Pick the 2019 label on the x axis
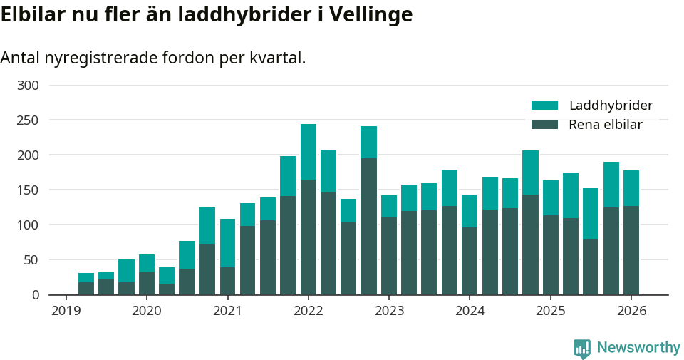click(66, 312)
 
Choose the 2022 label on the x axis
click(308, 312)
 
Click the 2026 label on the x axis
click(631, 312)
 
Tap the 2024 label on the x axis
click(470, 312)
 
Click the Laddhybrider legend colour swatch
click(545, 106)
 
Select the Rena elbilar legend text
click(606, 125)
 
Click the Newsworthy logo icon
click(582, 348)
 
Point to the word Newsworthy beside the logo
click(638, 348)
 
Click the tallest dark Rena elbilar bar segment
click(368, 226)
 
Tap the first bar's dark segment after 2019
click(86, 288)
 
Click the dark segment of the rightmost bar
click(631, 250)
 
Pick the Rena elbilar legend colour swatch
click(545, 125)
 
